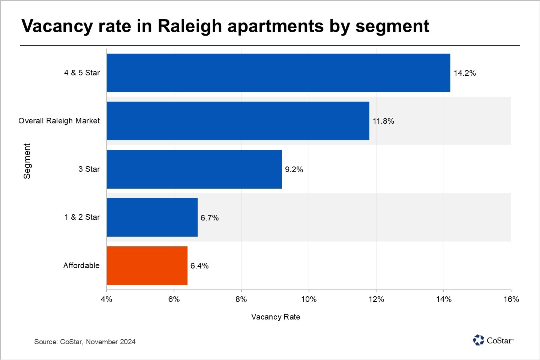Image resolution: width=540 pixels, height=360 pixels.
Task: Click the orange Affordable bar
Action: point(147,265)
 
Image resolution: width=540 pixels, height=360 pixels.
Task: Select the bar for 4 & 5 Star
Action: point(278,73)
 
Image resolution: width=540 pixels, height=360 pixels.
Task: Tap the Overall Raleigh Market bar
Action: point(238,121)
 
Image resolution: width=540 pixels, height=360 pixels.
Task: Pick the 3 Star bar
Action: point(194,169)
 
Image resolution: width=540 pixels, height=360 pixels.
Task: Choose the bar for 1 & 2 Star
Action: point(152,217)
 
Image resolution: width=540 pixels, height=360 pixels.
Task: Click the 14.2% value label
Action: point(465,73)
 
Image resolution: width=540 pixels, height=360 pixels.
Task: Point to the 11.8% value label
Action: point(383,121)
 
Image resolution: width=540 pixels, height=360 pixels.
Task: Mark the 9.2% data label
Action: point(294,169)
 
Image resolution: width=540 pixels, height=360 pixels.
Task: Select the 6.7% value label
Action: point(210,218)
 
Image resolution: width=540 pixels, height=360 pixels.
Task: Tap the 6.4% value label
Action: point(199,266)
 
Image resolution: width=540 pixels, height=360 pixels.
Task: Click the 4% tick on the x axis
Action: point(106,299)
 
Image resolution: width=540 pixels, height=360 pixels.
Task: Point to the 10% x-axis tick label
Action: point(309,299)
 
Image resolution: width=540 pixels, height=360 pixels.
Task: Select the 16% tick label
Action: point(511,299)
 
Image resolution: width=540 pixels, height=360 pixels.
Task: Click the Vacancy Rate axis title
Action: point(276,317)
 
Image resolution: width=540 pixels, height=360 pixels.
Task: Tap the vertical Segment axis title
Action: point(27,161)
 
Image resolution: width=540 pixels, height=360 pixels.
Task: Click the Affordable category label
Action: point(81,265)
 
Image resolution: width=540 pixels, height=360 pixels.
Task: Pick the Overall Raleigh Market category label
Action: point(59,121)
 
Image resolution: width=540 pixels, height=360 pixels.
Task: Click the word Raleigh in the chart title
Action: point(190,26)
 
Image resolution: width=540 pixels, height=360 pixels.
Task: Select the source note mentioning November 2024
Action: point(85,342)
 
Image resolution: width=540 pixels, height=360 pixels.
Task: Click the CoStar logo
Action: point(493,340)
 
